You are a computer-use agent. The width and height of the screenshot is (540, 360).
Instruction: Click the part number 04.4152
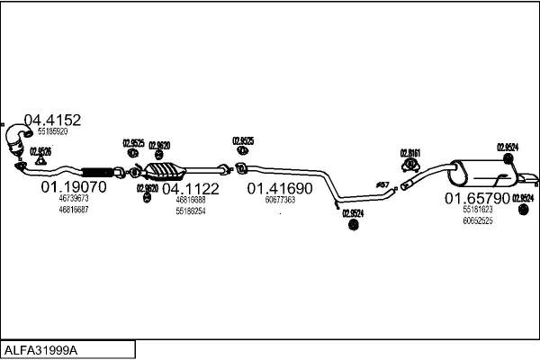click(x=52, y=120)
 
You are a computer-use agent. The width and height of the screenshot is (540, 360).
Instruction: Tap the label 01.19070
click(x=73, y=187)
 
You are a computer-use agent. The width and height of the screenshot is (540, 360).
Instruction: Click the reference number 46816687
click(x=74, y=209)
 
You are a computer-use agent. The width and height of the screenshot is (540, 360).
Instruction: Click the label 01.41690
click(x=280, y=188)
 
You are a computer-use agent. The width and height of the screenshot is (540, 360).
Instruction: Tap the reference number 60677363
click(x=281, y=200)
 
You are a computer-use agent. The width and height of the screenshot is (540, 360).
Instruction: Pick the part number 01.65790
click(x=478, y=197)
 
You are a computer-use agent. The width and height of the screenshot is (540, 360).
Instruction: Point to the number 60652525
click(x=478, y=220)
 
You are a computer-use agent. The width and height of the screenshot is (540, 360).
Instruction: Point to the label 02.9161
click(x=410, y=152)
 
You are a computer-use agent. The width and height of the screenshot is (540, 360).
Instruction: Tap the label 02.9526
click(x=40, y=150)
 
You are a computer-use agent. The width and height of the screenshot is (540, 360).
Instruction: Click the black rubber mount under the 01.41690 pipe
click(x=352, y=225)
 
